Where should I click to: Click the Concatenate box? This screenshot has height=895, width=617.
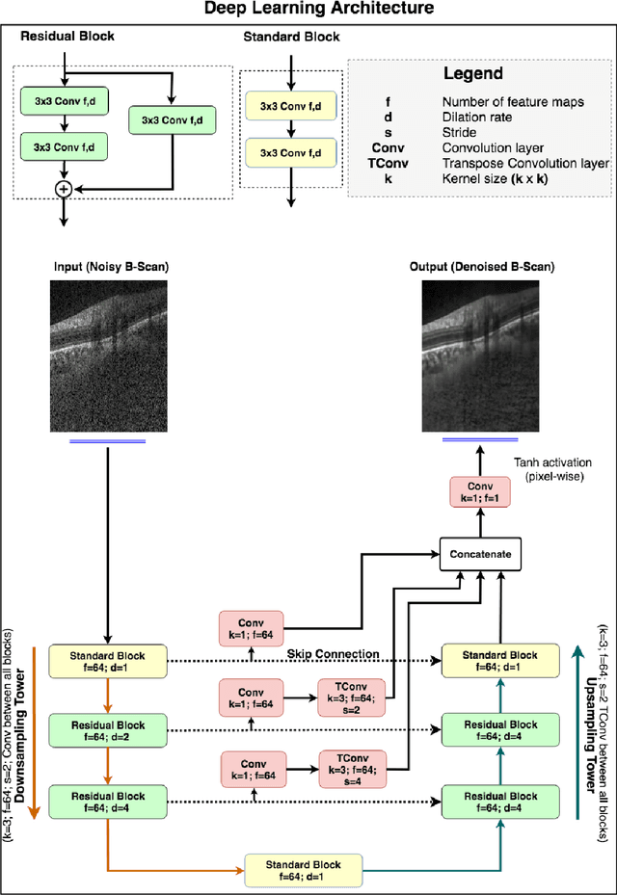pos(480,554)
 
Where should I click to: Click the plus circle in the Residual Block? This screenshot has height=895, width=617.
pos(64,189)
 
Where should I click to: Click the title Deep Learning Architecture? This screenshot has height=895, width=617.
pos(308,10)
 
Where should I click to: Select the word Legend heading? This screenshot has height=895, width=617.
pos(472,73)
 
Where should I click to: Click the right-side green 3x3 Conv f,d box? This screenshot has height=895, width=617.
pos(171,119)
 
